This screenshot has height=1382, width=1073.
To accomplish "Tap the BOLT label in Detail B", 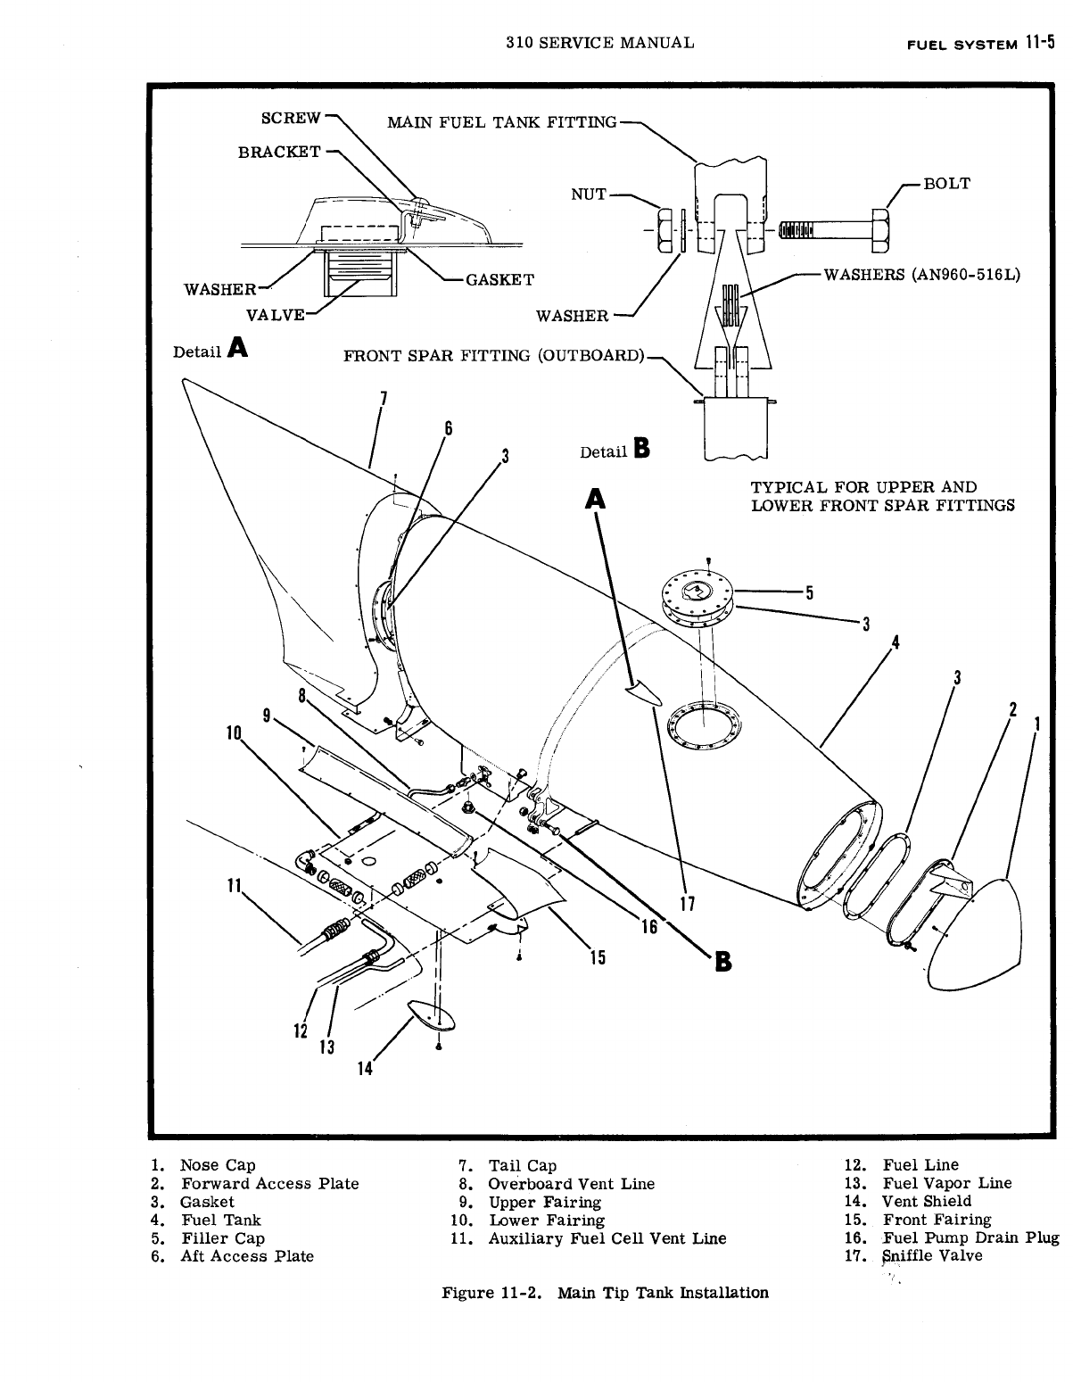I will pos(946,184).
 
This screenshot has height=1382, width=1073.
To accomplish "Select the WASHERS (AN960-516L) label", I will pos(921,275).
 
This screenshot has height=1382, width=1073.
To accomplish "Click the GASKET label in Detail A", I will pos(499,279).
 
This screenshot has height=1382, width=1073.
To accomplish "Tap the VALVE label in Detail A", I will pos(276,314).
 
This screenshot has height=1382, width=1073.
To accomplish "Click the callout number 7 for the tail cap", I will pos(383,399).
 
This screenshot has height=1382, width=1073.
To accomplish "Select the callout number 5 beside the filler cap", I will pos(809,592).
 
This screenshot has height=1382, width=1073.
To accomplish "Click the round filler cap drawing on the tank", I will pos(697,593).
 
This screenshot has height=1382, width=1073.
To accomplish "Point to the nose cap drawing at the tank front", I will pos(974,933).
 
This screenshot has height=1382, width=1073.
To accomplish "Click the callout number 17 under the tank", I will pos(688,903).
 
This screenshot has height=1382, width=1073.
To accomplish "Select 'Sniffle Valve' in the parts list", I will pos(932,1256).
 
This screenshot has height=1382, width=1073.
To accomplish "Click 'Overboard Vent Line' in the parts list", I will pos(571,1184).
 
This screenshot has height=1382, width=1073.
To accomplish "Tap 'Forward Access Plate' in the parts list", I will pos(269,1184).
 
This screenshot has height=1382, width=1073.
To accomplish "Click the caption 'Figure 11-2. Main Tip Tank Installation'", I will pos(606,1293).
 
